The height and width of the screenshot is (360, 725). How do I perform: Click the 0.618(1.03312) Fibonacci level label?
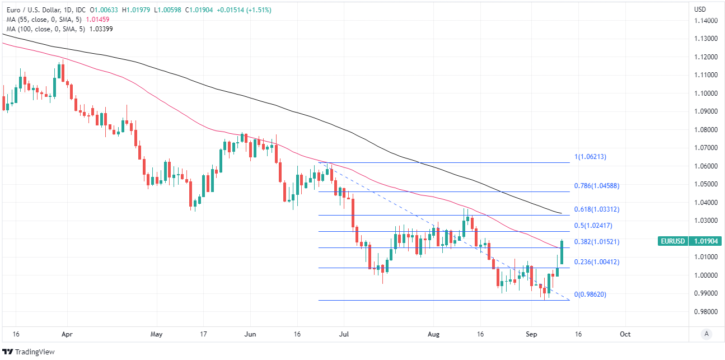pyautogui.click(x=597, y=209)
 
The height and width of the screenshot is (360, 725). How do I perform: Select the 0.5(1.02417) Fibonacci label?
pyautogui.click(x=593, y=226)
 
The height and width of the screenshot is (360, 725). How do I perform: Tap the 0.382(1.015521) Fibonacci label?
pyautogui.click(x=597, y=242)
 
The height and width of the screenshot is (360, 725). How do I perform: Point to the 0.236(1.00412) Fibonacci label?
pyautogui.click(x=597, y=262)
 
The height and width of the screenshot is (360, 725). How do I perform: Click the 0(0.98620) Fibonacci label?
pyautogui.click(x=590, y=294)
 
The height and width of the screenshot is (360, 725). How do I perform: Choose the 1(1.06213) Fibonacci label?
pyautogui.click(x=590, y=157)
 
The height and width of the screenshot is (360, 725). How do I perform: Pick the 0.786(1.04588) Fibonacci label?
pyautogui.click(x=597, y=185)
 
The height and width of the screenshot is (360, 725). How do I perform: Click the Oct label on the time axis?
pyautogui.click(x=625, y=334)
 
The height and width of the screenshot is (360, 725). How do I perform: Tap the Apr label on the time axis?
pyautogui.click(x=67, y=334)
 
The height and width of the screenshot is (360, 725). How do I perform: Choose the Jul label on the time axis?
pyautogui.click(x=344, y=334)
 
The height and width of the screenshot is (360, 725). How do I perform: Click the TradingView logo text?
pyautogui.click(x=34, y=352)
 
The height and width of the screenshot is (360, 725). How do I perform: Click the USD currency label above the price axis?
pyautogui.click(x=700, y=10)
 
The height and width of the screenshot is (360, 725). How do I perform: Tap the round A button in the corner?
pyautogui.click(x=707, y=334)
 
